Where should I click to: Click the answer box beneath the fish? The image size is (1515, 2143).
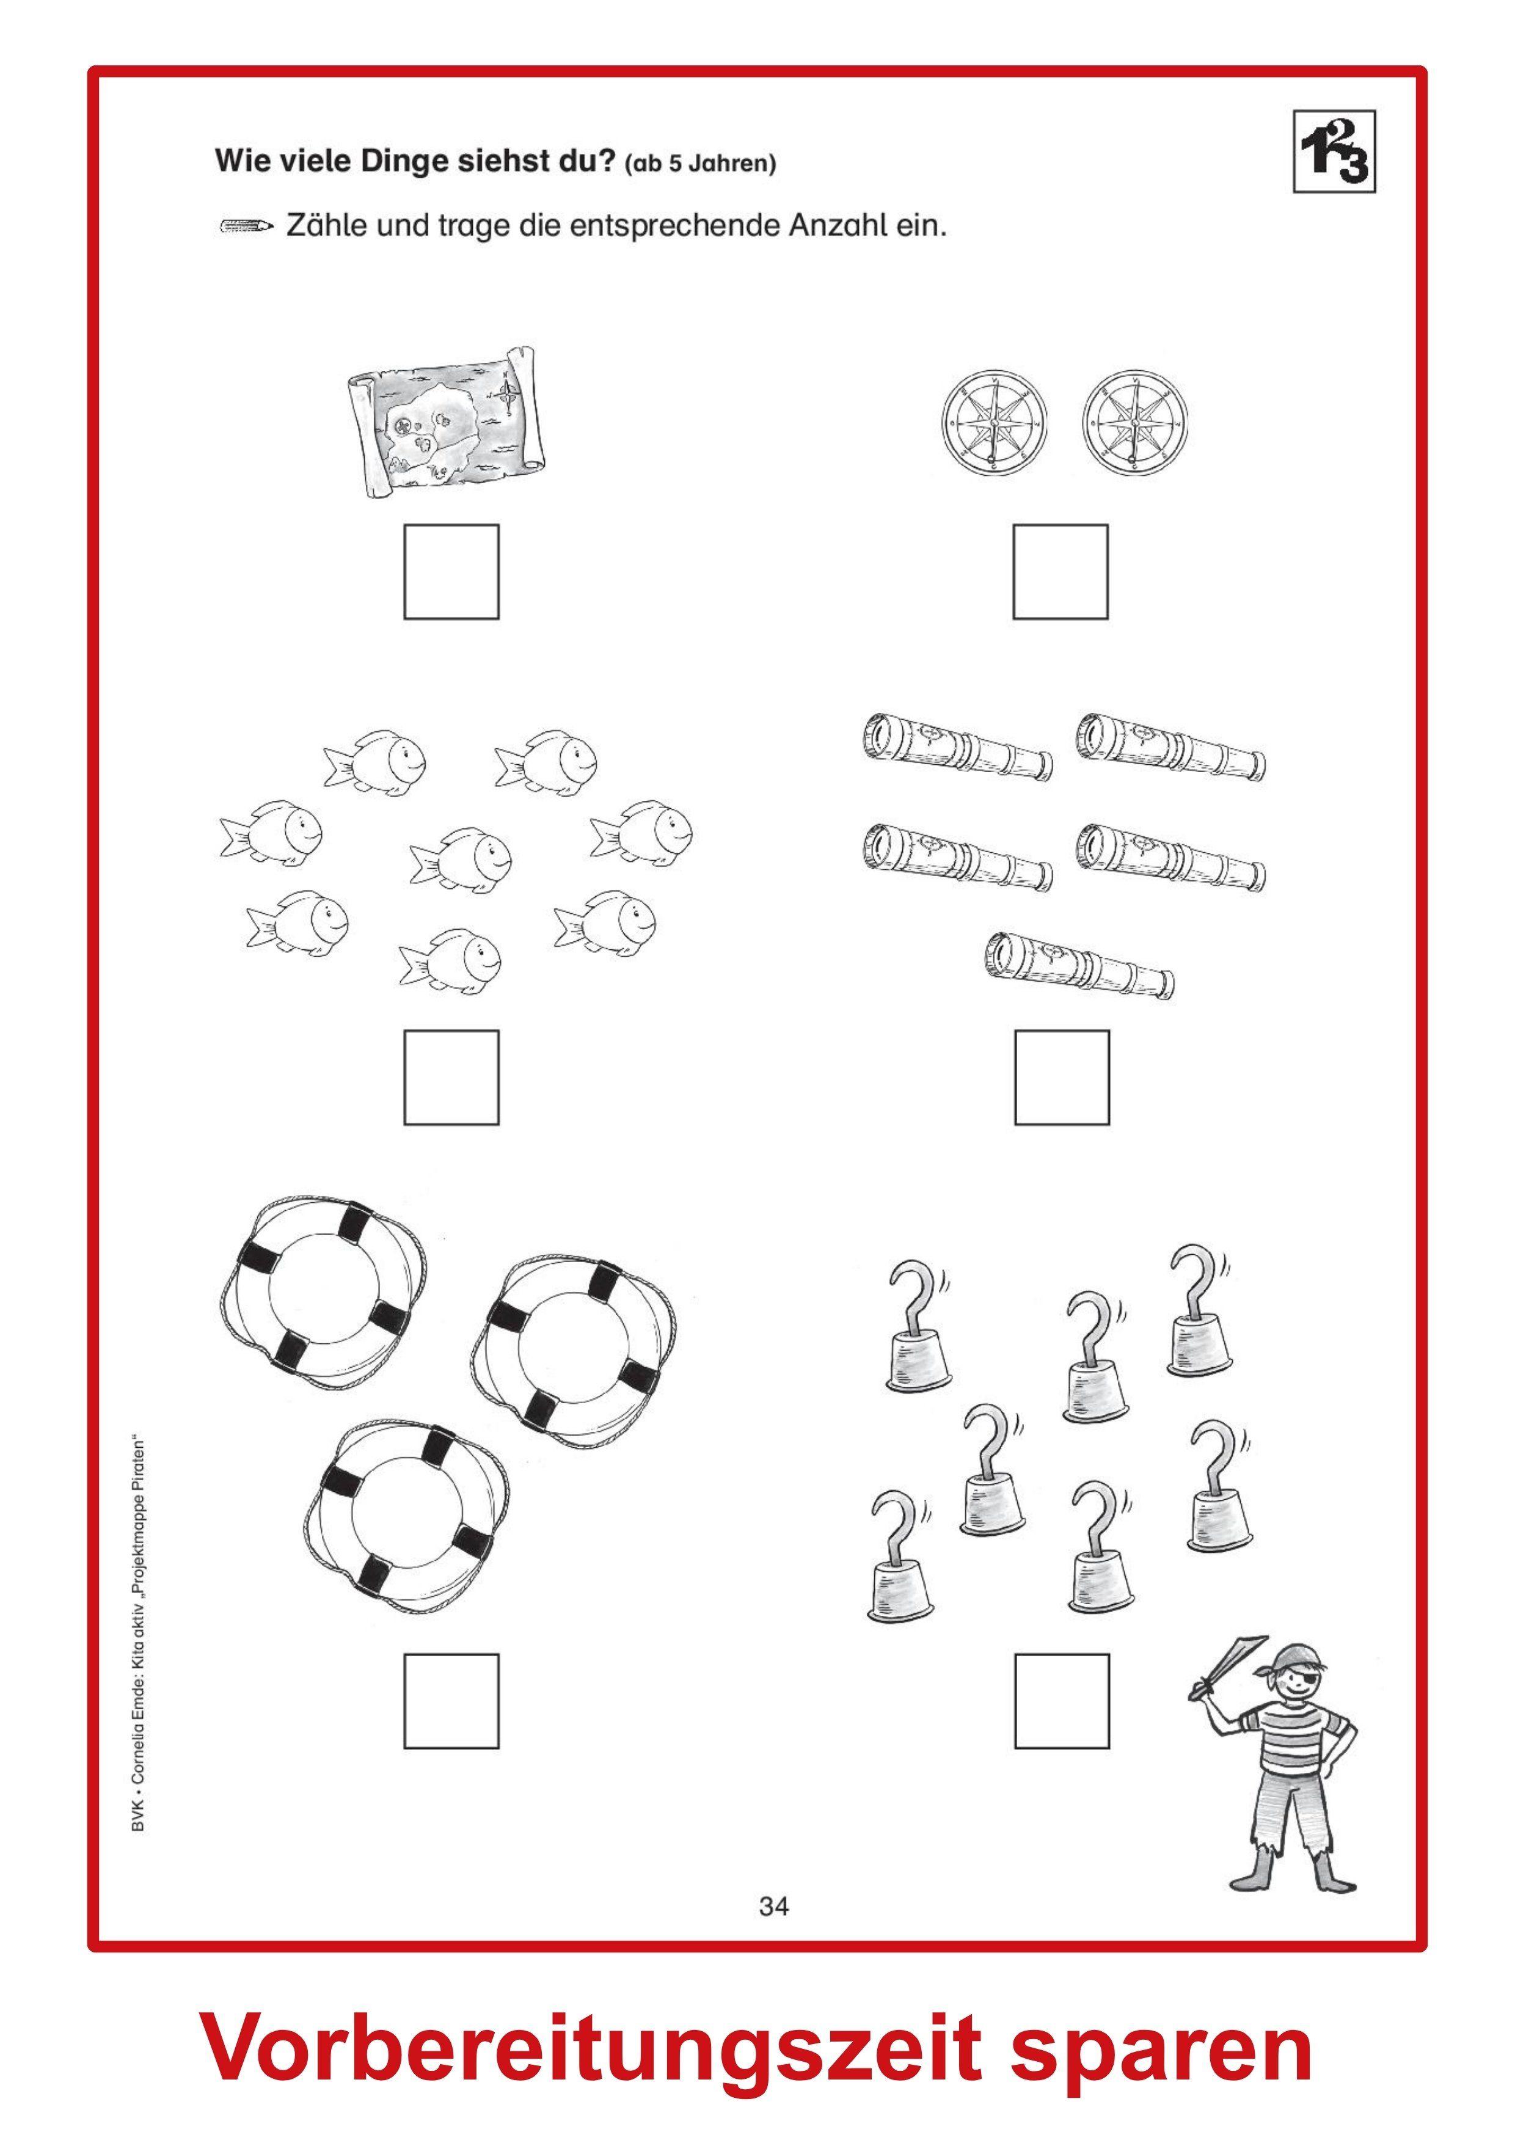(451, 1077)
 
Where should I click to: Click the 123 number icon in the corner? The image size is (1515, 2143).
(1334, 152)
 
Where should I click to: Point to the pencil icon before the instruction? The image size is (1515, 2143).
(246, 226)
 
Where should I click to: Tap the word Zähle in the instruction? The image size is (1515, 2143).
(327, 226)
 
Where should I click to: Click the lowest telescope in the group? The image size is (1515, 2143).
(1079, 966)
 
